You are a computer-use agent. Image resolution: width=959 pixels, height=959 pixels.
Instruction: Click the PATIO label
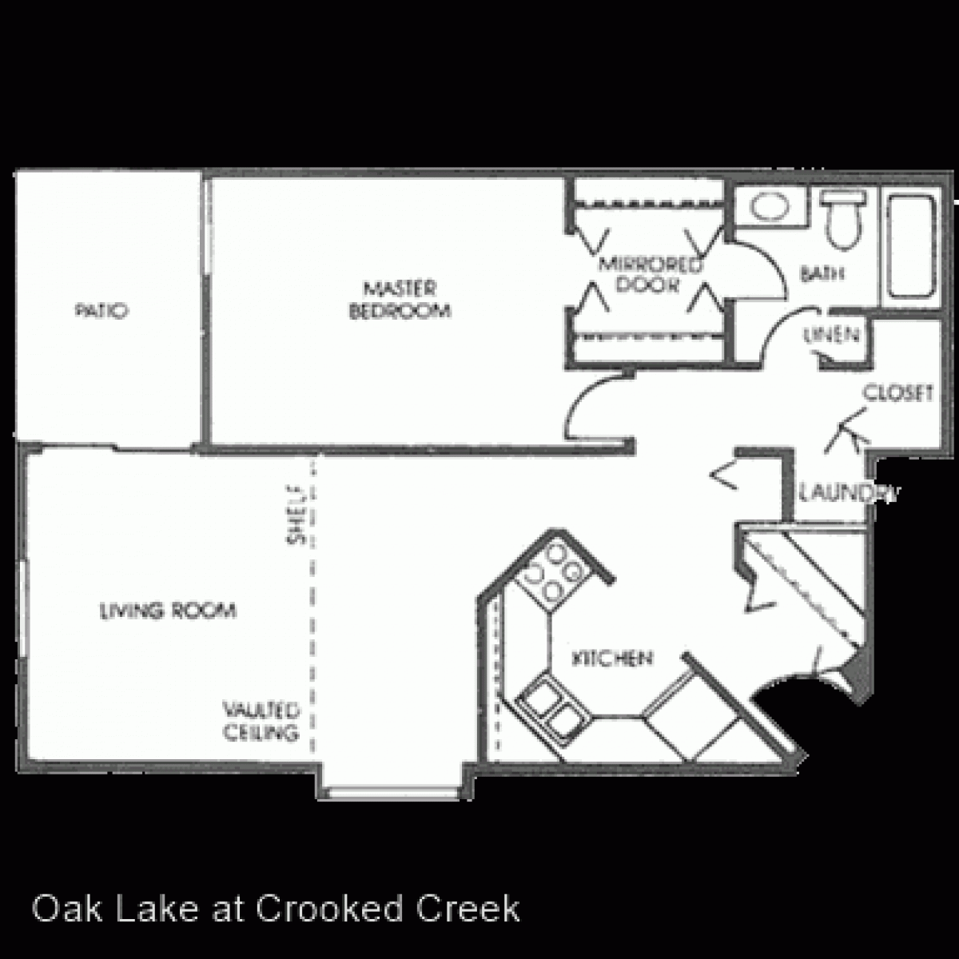tap(101, 311)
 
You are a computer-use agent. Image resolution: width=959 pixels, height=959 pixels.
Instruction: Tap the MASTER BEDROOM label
tap(400, 299)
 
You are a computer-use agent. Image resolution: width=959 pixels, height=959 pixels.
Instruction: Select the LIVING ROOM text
tap(168, 611)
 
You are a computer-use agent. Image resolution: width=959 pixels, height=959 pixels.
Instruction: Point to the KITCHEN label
tap(613, 659)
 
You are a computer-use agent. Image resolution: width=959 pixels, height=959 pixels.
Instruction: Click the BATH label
tap(822, 274)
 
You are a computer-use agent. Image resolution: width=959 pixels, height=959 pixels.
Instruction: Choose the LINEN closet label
tap(832, 336)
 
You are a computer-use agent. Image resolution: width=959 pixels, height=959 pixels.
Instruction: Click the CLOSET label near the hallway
tap(898, 393)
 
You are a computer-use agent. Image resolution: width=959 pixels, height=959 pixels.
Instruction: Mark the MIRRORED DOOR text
tap(648, 274)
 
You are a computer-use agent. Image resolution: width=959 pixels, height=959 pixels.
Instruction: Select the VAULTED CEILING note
tap(261, 721)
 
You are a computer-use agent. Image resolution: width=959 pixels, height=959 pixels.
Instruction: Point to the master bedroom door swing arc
tap(593, 404)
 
